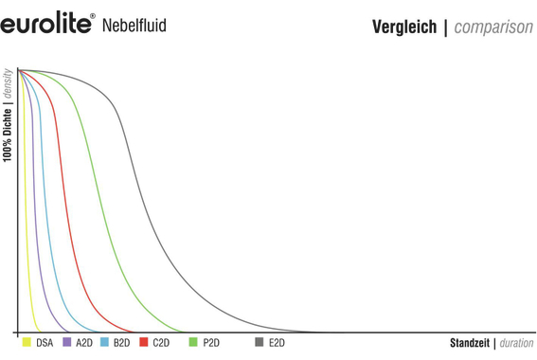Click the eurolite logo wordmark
(x=45, y=23)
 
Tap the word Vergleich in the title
(x=404, y=27)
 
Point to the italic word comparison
(x=493, y=27)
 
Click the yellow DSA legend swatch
(x=27, y=341)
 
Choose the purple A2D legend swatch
(x=66, y=341)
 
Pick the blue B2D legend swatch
(x=104, y=341)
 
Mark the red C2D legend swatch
(x=143, y=341)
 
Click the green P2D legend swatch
(x=194, y=341)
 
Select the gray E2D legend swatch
(x=260, y=341)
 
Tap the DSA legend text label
(x=45, y=342)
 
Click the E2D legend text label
(x=277, y=342)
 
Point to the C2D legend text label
(x=161, y=342)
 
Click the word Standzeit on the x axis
(x=470, y=342)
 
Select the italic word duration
(x=516, y=342)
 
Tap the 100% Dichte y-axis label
(x=8, y=142)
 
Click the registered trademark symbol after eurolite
(x=92, y=15)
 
